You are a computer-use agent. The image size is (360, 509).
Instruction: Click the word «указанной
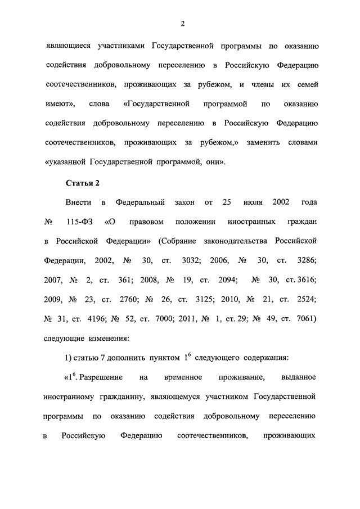(x=64, y=162)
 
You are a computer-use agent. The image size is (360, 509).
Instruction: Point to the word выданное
(x=299, y=377)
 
